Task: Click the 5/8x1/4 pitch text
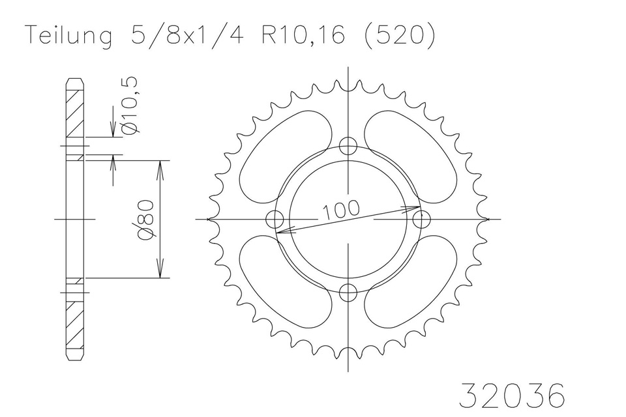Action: [186, 35]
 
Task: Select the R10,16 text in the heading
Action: [303, 35]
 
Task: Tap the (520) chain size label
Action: [400, 36]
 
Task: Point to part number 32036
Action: [513, 395]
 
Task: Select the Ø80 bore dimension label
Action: [145, 220]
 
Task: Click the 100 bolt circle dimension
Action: [340, 210]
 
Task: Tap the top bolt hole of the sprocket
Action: [348, 146]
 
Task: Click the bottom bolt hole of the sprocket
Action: [348, 293]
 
